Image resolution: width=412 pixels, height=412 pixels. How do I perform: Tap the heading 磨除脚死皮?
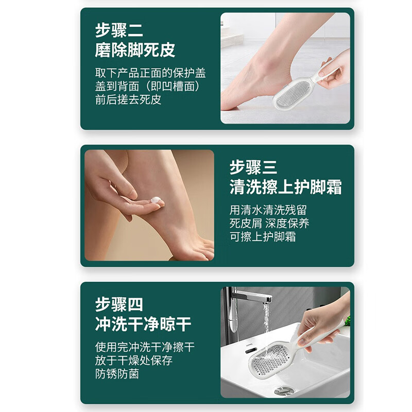click(x=135, y=50)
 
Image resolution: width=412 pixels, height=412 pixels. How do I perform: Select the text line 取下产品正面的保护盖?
click(x=150, y=73)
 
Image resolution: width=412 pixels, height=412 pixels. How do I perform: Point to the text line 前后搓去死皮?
click(x=128, y=99)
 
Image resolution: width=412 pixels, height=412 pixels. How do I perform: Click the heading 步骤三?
click(x=253, y=167)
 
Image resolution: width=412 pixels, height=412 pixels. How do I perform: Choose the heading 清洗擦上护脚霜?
click(x=285, y=187)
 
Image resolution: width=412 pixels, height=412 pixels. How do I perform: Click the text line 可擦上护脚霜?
click(x=263, y=237)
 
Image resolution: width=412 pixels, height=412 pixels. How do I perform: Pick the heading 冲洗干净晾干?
click(x=143, y=324)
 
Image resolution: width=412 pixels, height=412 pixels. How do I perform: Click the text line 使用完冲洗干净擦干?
click(x=145, y=347)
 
